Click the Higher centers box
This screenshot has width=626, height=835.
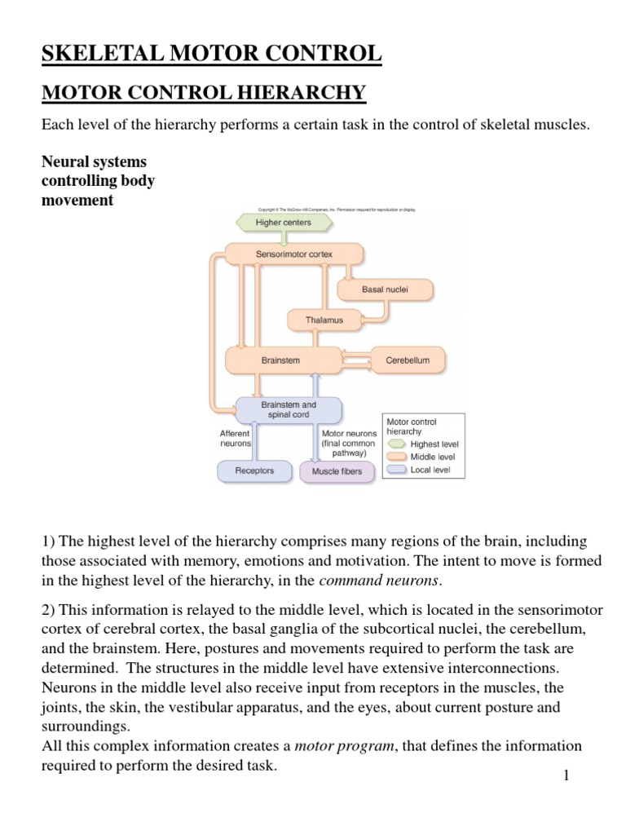pyautogui.click(x=283, y=223)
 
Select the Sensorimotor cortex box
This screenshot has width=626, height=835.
pyautogui.click(x=293, y=254)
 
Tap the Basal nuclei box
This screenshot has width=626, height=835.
pyautogui.click(x=385, y=289)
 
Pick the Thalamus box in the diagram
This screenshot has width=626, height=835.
pyautogui.click(x=324, y=320)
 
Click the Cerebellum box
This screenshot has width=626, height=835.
pyautogui.click(x=408, y=359)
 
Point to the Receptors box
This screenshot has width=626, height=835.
pyautogui.click(x=254, y=471)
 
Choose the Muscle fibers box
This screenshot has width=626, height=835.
pyautogui.click(x=337, y=471)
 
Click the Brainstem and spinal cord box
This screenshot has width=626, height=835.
pyautogui.click(x=289, y=410)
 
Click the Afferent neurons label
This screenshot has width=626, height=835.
pyautogui.click(x=235, y=439)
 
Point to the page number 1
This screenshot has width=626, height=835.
pyautogui.click(x=565, y=775)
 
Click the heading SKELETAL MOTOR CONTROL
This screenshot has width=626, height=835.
pyautogui.click(x=211, y=54)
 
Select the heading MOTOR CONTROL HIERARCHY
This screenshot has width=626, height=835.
pyautogui.click(x=204, y=93)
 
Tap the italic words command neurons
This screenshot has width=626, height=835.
pyautogui.click(x=379, y=581)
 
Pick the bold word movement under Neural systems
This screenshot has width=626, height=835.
pyautogui.click(x=77, y=201)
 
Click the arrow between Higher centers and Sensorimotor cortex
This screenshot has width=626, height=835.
pyautogui.click(x=283, y=237)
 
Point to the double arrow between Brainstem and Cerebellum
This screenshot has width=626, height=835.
pyautogui.click(x=355, y=359)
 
